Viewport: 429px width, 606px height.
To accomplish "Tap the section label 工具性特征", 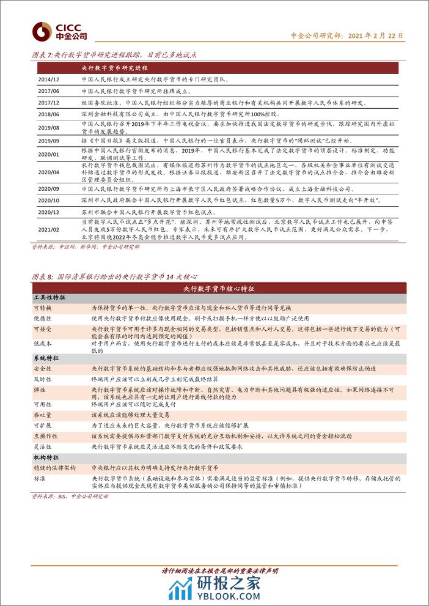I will click(49, 297).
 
